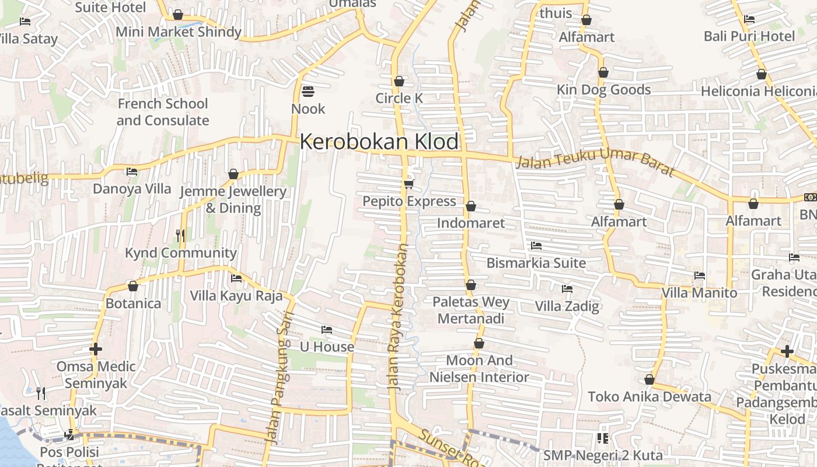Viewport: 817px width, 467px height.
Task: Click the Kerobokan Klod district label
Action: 379,142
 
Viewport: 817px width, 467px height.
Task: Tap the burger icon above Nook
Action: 308,92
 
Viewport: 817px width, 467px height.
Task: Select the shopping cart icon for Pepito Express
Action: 408,184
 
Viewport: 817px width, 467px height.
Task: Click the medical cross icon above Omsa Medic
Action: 96,350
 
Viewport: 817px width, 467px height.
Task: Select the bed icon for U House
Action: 327,330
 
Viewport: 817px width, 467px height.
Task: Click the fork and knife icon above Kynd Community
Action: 180,235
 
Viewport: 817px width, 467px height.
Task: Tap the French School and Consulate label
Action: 162,112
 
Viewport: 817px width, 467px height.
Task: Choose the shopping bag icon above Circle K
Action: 399,81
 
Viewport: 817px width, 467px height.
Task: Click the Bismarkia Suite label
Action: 536,263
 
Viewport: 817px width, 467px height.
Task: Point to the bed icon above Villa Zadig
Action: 567,288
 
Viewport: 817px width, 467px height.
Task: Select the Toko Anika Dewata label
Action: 650,397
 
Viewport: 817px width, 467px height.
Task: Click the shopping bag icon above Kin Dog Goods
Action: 603,72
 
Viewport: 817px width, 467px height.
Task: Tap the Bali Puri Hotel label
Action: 749,36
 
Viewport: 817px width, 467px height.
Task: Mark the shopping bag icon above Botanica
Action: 133,286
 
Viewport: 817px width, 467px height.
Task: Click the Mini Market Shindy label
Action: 178,32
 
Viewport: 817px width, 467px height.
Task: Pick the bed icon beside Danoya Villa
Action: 132,172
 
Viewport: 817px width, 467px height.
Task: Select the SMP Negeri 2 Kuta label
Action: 603,455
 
